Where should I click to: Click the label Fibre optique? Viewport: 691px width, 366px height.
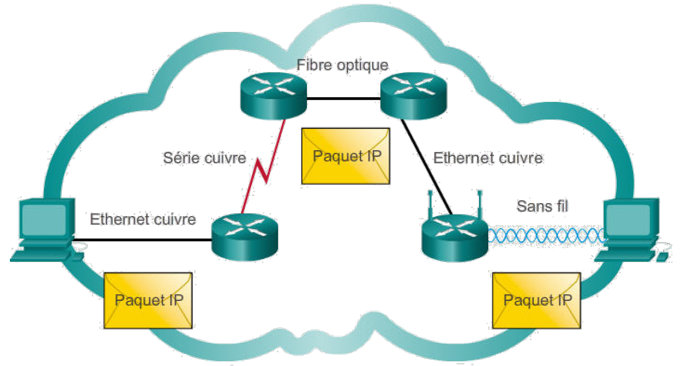click(x=342, y=65)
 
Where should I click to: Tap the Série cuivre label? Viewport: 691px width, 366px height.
click(x=204, y=158)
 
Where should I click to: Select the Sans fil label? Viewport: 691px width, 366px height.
click(x=542, y=206)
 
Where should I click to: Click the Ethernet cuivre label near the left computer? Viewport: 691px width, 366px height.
click(x=143, y=219)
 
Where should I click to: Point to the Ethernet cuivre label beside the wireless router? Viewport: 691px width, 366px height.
click(x=488, y=158)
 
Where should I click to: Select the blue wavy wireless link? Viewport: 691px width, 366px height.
click(x=546, y=236)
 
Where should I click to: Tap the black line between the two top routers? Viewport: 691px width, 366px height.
click(x=343, y=99)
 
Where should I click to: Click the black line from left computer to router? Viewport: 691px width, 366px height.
click(x=142, y=240)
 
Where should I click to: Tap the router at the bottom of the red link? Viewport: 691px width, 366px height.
click(x=245, y=237)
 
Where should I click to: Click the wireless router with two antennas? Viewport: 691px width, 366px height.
click(x=455, y=237)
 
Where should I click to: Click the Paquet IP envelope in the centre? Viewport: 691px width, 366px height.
click(x=346, y=156)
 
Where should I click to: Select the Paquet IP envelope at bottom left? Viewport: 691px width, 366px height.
click(x=148, y=300)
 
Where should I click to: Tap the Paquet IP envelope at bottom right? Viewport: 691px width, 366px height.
click(x=536, y=300)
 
